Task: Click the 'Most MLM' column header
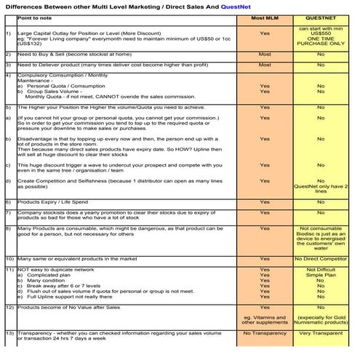(x=264, y=15)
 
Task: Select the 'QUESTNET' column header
(x=319, y=15)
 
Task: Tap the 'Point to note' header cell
(x=36, y=15)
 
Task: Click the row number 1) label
(x=7, y=33)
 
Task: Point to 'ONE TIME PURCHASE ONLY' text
(x=320, y=41)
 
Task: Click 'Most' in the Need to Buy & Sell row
(x=264, y=55)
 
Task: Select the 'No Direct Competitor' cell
(x=320, y=258)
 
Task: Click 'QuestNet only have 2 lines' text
(x=320, y=189)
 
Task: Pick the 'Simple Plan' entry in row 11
(x=320, y=275)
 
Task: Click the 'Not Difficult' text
(x=320, y=269)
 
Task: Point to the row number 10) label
(x=8, y=258)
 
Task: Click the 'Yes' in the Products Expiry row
(x=264, y=201)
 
